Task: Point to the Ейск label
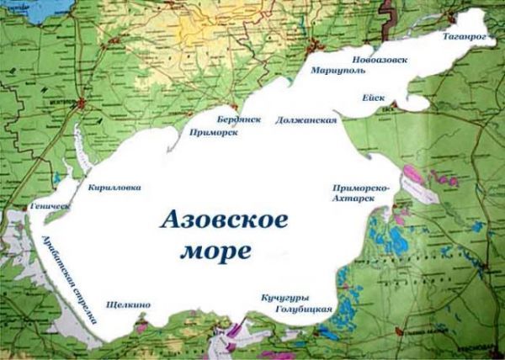point(374,98)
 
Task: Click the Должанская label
point(306,120)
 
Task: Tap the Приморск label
point(212,132)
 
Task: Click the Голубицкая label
point(304,310)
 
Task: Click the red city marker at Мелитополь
point(82,104)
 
